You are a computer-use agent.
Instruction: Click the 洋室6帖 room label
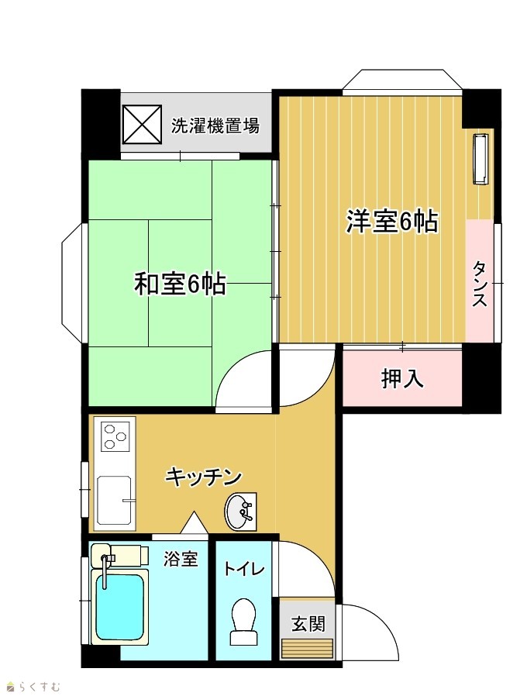(392, 222)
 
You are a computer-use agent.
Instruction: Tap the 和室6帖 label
(181, 284)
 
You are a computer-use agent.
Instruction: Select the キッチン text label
(204, 477)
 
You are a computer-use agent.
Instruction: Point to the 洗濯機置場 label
(215, 126)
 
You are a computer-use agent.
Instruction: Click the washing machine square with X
(142, 124)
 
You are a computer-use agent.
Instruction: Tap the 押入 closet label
(402, 379)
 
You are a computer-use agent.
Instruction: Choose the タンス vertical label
(479, 284)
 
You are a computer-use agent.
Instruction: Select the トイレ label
(244, 569)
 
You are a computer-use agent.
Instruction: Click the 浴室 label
(181, 559)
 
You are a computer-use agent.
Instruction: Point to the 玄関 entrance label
(308, 624)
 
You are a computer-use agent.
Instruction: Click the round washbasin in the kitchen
(239, 512)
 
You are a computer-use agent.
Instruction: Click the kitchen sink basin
(115, 500)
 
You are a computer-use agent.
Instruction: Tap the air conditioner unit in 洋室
(480, 158)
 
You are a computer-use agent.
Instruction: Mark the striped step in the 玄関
(308, 649)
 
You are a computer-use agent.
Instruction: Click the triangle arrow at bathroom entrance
(194, 522)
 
